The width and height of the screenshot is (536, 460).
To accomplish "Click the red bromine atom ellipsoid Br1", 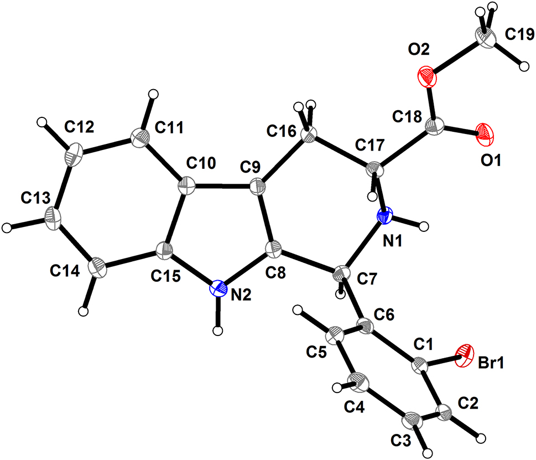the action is (465, 356).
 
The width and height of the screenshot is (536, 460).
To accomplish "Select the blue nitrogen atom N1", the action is (384, 216).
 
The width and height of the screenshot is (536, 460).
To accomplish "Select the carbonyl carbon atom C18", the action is (435, 127).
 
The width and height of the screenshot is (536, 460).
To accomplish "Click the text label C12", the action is (79, 127).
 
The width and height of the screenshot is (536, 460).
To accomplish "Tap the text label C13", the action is (35, 198).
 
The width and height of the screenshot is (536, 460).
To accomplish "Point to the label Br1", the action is (491, 363).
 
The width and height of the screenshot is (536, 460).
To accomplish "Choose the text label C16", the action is (282, 131).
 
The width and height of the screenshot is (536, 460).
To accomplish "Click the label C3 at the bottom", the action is (401, 441).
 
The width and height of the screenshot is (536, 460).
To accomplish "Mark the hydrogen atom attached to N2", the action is (218, 330).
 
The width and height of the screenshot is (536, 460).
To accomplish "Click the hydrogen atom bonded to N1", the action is (424, 226).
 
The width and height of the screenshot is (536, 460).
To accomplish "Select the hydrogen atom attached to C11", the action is (154, 94).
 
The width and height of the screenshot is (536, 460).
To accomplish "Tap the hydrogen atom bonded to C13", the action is (7, 228).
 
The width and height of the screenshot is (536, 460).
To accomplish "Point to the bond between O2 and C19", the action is (456, 56).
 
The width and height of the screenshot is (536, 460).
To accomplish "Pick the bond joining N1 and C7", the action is (364, 245).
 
